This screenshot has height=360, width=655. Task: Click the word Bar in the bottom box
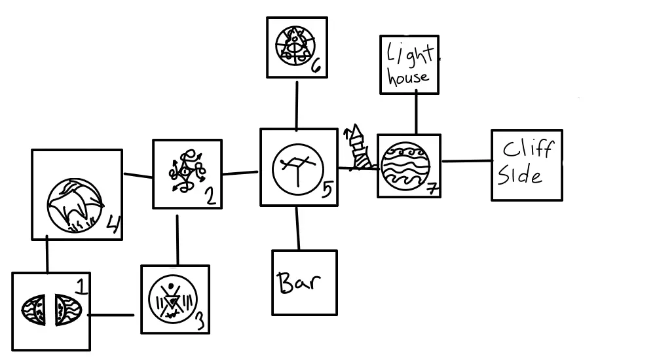point(298,283)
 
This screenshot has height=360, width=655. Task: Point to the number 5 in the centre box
point(327,190)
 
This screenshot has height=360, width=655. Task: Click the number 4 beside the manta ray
point(113,226)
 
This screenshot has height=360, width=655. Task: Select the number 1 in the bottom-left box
point(81,286)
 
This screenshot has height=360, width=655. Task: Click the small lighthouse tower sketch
point(357,147)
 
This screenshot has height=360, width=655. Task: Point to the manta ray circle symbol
point(75,205)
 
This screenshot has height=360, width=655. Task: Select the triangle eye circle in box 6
point(293,46)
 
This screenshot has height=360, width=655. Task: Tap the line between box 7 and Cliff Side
point(466,161)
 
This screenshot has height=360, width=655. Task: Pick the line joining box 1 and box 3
point(111,315)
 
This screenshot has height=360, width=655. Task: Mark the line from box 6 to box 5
point(297,105)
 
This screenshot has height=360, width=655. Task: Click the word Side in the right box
point(521,175)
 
